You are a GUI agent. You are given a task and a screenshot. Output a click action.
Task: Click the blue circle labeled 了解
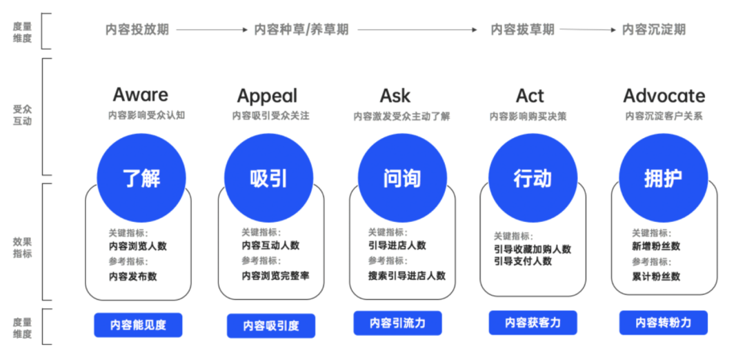[141, 178]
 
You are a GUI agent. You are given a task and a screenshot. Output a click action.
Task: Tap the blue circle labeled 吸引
[268, 178]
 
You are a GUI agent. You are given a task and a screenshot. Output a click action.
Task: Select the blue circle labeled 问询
[402, 178]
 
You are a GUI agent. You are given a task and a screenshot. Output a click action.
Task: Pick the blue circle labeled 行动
[533, 178]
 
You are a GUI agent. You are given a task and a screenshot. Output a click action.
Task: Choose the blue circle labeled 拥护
[664, 178]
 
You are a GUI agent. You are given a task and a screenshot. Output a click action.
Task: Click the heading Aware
[140, 95]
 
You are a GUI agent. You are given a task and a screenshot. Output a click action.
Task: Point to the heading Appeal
[268, 97]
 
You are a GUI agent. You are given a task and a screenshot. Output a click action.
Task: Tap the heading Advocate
[664, 96]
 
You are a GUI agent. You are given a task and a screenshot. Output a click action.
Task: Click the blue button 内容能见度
[138, 325]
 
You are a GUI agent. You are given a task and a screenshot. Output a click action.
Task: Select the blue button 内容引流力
[398, 323]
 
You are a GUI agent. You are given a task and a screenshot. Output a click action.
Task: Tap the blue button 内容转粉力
[664, 323]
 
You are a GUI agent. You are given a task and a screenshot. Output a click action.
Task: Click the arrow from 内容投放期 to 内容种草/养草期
[212, 30]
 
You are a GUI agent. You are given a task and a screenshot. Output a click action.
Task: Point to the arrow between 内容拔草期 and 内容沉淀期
[588, 30]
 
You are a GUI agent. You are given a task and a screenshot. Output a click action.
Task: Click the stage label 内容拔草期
[523, 30]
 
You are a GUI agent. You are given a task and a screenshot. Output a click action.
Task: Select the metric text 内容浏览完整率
[275, 275]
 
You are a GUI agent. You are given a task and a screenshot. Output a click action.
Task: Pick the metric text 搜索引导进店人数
[407, 275]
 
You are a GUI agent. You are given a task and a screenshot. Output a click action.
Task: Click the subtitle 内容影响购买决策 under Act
[528, 117]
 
